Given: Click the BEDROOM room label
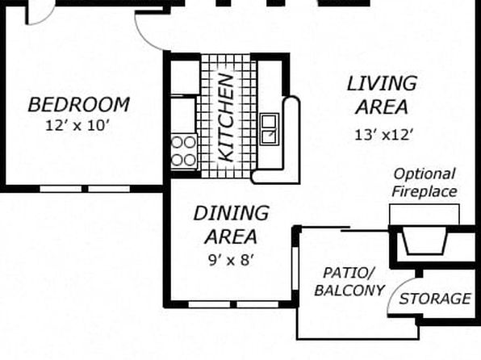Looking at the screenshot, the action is tap(79, 105).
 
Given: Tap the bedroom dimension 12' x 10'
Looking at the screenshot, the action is tap(77, 126).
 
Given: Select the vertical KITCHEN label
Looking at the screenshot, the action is tap(227, 118).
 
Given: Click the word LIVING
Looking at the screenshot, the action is tap(382, 83).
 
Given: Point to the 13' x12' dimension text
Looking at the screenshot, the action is tap(383, 135).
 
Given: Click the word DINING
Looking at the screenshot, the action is tap(232, 213).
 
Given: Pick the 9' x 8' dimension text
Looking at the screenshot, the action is tap(231, 260).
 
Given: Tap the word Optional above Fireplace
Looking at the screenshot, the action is tap(425, 174).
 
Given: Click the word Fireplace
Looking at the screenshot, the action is tap(425, 191).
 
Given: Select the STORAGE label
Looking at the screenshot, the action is tap(435, 299).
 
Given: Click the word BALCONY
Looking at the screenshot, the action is tap(349, 291).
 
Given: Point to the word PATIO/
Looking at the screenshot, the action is tap(349, 273).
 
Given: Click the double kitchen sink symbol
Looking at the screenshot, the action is tap(270, 129).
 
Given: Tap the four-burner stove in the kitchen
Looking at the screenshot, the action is tap(184, 151).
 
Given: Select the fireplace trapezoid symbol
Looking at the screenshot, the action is tap(425, 244).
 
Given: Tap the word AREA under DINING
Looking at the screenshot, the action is tap(231, 237).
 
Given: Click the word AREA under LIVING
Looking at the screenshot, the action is tap(382, 107).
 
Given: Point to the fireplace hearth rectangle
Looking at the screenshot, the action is tap(425, 215).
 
